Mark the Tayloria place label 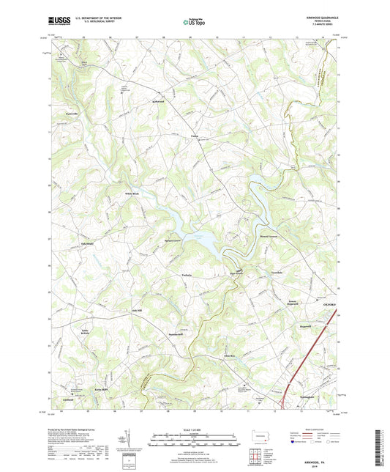point(187,275)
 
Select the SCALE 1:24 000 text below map point(195,429)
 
